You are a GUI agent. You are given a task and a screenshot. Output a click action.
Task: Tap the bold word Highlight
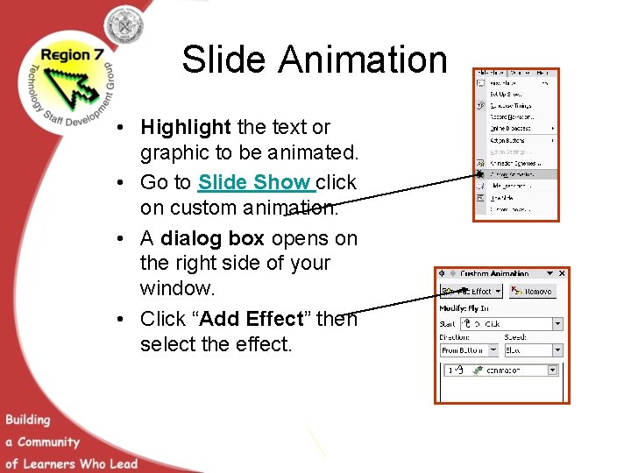tap(185, 128)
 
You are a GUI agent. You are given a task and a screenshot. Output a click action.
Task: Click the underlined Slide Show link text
tap(255, 183)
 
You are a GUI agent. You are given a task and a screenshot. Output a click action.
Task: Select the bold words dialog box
tap(213, 238)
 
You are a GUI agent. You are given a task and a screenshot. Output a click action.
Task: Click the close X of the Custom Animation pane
tap(562, 273)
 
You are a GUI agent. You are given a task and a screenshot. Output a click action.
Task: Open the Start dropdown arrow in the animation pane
tap(557, 324)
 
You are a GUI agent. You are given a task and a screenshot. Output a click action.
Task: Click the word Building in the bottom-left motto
tap(28, 420)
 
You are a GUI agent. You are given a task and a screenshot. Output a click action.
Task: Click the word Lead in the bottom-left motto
tap(124, 463)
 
